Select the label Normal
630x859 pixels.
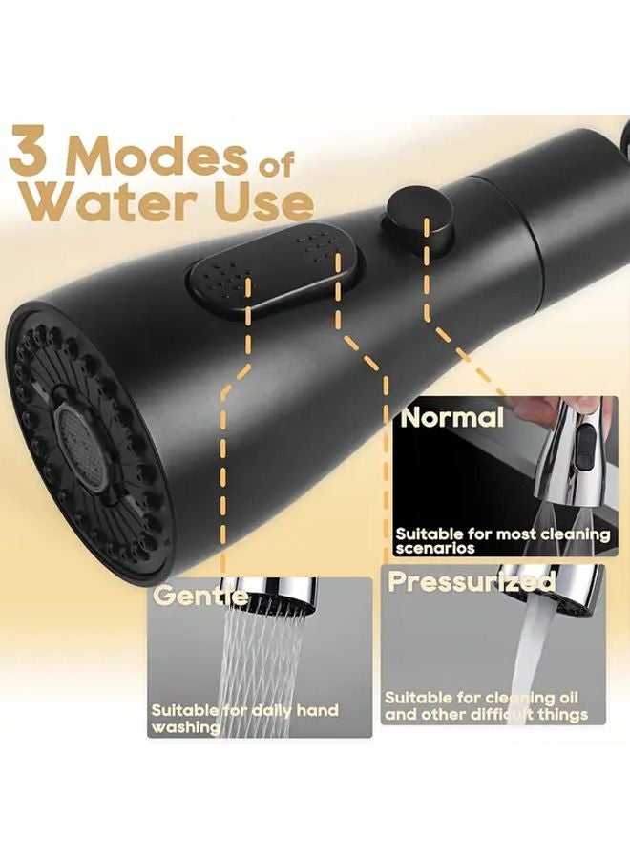(x=451, y=417)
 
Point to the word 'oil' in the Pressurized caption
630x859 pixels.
(x=564, y=699)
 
